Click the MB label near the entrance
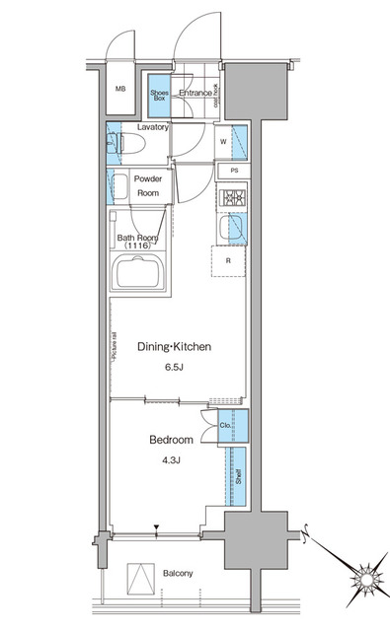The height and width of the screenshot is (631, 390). [121, 90]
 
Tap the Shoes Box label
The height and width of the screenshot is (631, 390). [159, 96]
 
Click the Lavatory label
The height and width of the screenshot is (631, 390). [153, 127]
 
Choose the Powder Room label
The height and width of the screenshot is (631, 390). [147, 186]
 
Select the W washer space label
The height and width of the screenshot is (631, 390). [223, 141]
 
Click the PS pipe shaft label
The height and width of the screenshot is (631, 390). [234, 172]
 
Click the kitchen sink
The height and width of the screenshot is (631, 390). [234, 230]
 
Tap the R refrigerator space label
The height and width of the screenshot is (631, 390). [228, 262]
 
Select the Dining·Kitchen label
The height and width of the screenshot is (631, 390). [175, 346]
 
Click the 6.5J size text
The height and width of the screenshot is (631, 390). [175, 369]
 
